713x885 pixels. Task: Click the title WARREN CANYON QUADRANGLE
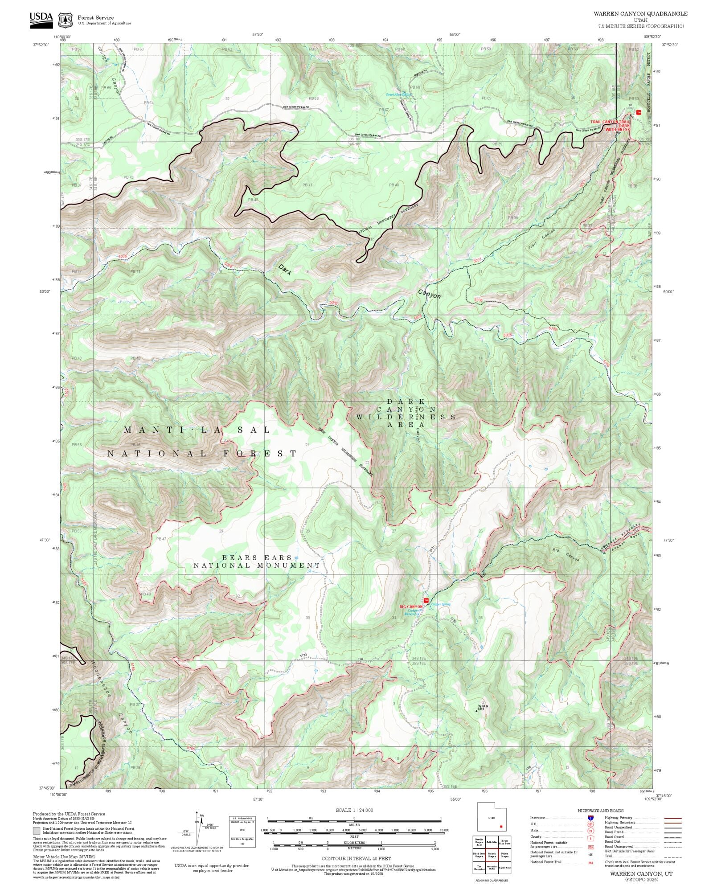[640, 14]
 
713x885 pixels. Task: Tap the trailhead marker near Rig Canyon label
[426, 601]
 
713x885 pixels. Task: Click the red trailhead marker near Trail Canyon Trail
[639, 112]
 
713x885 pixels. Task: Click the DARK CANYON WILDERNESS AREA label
[406, 413]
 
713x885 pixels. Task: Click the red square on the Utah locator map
[501, 827]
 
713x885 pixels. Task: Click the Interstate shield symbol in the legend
[590, 818]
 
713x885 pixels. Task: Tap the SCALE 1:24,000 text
[354, 810]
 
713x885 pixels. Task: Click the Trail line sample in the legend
[673, 856]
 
